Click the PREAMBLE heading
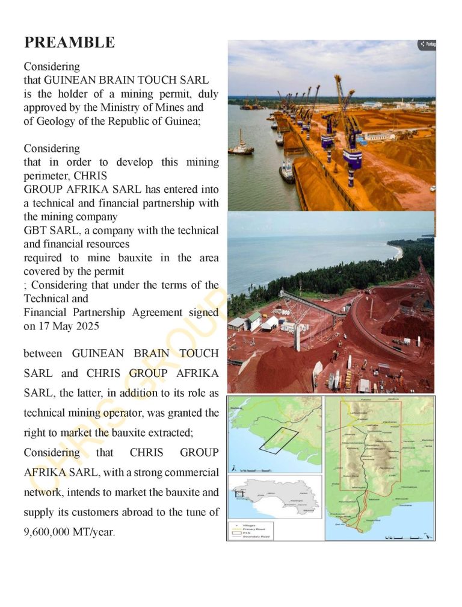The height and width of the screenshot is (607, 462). [x=69, y=43]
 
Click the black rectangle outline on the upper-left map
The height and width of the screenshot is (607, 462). [x=279, y=440]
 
